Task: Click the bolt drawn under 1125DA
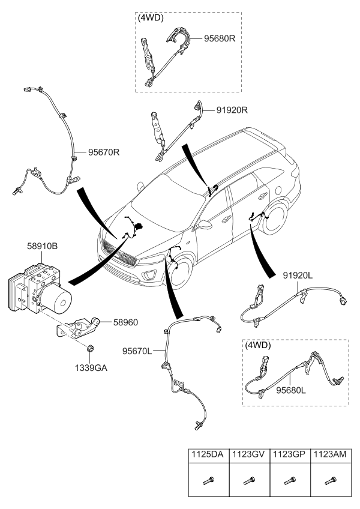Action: point(208,480)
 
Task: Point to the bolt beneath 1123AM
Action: point(330,480)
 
